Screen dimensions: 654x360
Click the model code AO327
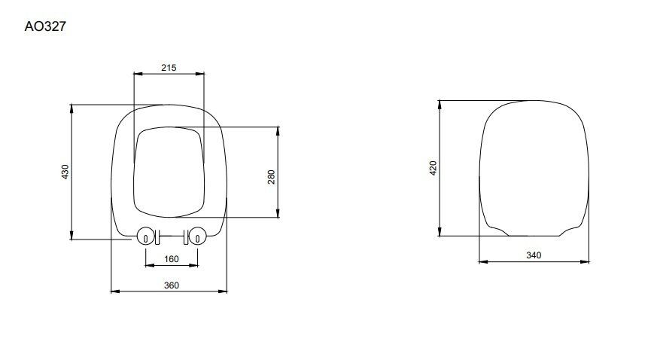[45, 26]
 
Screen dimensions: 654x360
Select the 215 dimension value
[169, 68]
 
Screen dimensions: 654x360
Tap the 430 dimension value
[65, 172]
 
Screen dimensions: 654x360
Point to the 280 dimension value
[272, 177]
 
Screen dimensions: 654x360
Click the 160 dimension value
[172, 259]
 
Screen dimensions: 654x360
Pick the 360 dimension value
[172, 285]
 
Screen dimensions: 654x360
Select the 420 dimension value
[433, 168]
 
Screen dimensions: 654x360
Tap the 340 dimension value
[534, 255]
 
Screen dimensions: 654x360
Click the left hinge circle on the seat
[145, 236]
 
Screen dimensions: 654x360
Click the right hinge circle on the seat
[197, 236]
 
